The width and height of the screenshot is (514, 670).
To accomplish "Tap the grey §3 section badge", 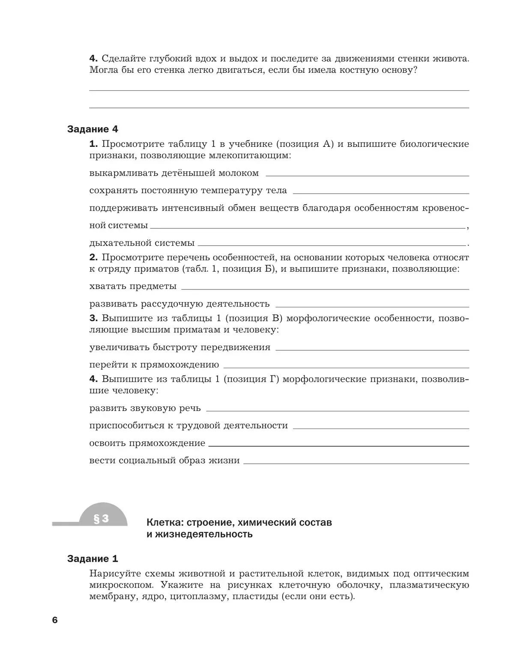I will pyautogui.click(x=102, y=519).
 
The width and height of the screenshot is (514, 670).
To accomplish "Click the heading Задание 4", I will pyautogui.click(x=93, y=129).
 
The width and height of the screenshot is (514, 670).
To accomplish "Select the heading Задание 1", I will pyautogui.click(x=93, y=559).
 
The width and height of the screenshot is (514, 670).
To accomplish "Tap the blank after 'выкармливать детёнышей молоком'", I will pyautogui.click(x=368, y=175).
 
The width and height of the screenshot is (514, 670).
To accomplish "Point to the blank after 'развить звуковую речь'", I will pyautogui.click(x=338, y=410).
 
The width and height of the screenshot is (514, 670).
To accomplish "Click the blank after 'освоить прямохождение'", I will pyautogui.click(x=338, y=445).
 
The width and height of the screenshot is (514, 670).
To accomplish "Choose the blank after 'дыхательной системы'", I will pyautogui.click(x=332, y=244).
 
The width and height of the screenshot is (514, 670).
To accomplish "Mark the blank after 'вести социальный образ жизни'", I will pyautogui.click(x=356, y=462).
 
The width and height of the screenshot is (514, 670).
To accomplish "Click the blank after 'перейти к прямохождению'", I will pyautogui.click(x=346, y=366).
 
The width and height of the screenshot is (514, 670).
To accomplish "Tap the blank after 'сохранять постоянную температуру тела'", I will pyautogui.click(x=381, y=192).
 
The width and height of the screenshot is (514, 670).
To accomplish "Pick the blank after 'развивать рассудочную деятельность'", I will pyautogui.click(x=372, y=305).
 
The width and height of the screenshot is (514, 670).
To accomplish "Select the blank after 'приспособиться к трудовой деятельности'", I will pyautogui.click(x=381, y=427).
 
